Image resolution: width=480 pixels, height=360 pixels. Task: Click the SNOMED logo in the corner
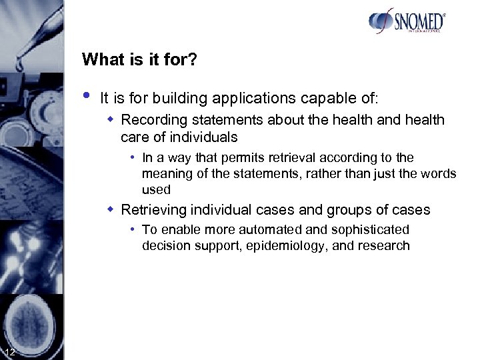pos(406,21)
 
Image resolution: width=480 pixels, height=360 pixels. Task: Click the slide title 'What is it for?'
pos(139,59)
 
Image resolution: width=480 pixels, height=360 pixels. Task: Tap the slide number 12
pos(10,352)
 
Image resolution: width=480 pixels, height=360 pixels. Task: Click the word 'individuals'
pos(204,137)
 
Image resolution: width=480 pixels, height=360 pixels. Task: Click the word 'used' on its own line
pos(156,190)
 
